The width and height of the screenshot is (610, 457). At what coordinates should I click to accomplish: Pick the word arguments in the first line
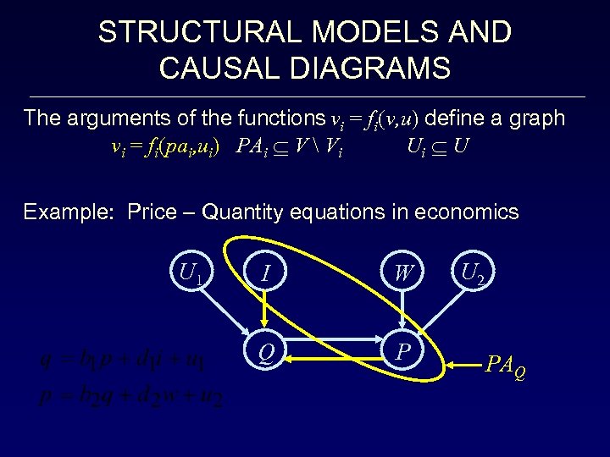(113, 118)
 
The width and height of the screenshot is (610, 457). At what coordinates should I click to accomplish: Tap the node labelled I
(265, 273)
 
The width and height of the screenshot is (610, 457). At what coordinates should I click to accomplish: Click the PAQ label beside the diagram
(505, 366)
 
